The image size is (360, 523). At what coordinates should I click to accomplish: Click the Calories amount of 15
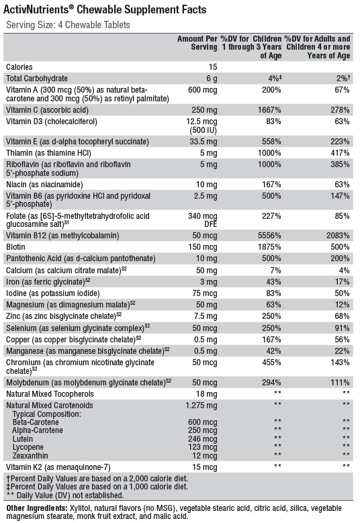(213, 67)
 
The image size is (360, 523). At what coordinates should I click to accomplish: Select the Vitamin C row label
(48, 110)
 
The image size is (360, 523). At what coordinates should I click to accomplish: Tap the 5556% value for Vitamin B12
(269, 236)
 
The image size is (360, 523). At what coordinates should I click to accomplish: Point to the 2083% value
(338, 236)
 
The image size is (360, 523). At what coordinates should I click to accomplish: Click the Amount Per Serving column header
(197, 43)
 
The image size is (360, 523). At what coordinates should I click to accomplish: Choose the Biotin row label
(15, 247)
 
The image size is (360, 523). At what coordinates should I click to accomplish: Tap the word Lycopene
(28, 447)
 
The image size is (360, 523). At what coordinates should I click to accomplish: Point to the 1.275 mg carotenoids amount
(201, 406)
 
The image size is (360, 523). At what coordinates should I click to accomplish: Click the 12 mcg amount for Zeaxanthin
(205, 456)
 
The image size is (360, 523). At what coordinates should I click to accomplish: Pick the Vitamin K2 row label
(58, 467)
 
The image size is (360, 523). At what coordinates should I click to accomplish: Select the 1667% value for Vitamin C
(269, 110)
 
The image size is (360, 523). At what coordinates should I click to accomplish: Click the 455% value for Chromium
(271, 363)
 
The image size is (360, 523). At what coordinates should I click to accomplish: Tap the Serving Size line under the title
(69, 25)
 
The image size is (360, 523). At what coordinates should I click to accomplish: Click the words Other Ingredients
(37, 508)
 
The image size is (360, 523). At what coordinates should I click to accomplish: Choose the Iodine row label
(52, 293)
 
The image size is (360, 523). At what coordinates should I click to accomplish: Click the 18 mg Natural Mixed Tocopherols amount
(206, 394)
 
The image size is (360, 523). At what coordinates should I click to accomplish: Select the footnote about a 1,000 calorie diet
(97, 487)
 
